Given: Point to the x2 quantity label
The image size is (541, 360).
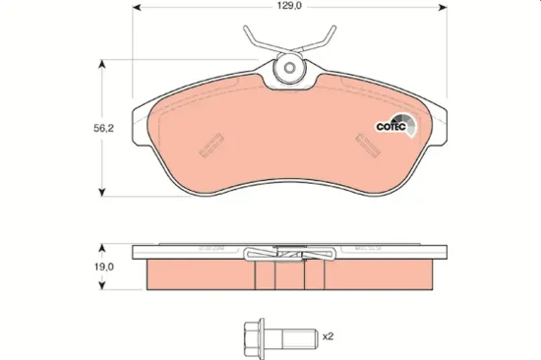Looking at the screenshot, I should [x=329, y=336].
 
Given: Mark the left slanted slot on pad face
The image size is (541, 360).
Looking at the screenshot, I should [x=209, y=146].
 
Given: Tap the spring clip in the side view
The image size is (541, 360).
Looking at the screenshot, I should [x=286, y=255].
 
